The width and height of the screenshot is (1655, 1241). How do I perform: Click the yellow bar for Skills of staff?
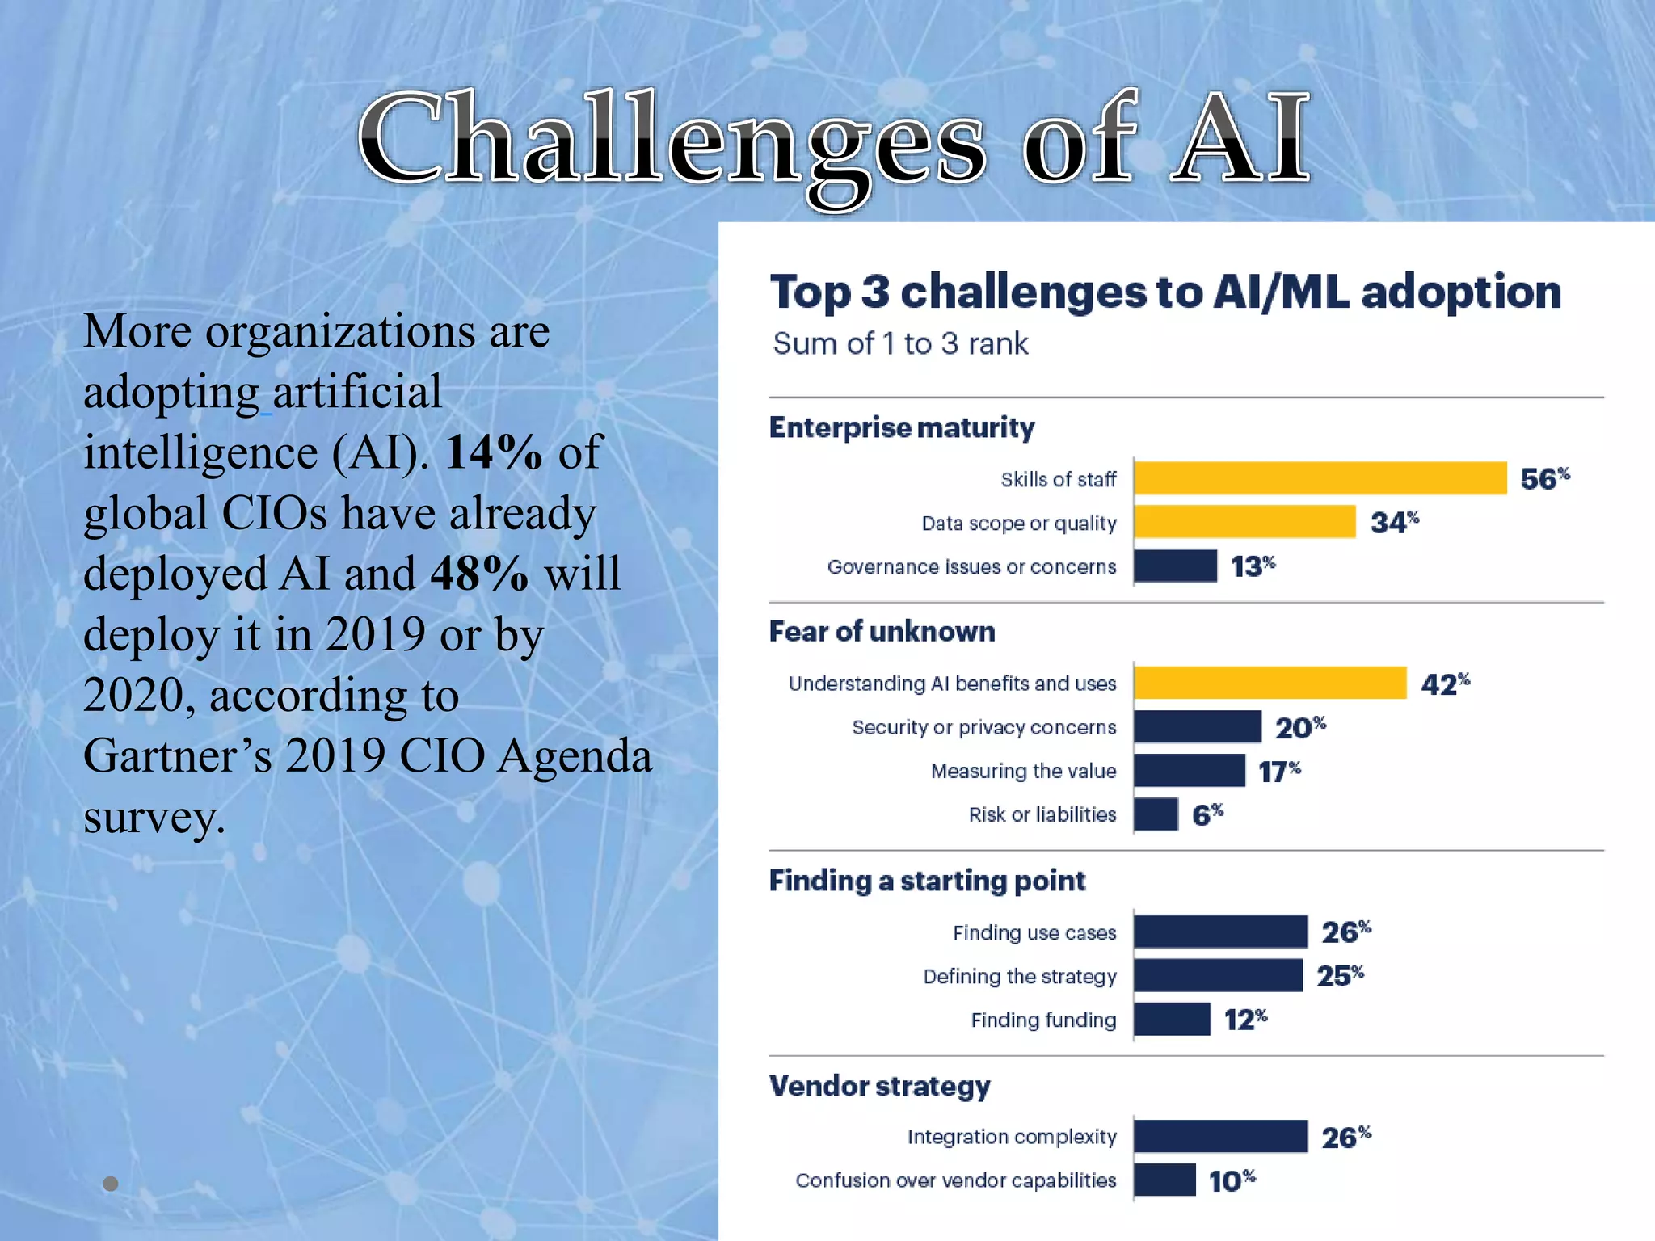[1320, 477]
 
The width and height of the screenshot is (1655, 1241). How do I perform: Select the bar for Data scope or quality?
[1244, 521]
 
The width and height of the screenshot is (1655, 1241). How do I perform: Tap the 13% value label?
[1252, 566]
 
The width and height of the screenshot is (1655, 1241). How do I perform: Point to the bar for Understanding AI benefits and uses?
[1270, 683]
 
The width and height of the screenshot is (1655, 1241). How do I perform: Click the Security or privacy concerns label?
[983, 727]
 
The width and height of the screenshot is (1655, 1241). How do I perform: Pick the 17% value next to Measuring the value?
[1278, 771]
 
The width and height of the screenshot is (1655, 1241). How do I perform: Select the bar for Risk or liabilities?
[1156, 814]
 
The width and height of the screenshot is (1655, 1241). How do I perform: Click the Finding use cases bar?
[1220, 932]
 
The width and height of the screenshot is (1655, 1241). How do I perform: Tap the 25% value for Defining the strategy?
[1339, 975]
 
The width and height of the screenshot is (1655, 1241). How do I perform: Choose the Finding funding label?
[1042, 1020]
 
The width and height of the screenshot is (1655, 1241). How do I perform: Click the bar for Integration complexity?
[1220, 1136]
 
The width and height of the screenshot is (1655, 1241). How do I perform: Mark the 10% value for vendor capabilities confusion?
[1231, 1180]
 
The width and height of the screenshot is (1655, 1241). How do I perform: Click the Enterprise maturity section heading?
[901, 427]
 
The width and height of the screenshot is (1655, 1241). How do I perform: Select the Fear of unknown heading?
[882, 632]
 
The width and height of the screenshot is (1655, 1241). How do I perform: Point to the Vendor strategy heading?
[879, 1086]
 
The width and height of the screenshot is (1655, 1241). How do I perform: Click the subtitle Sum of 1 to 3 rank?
[900, 344]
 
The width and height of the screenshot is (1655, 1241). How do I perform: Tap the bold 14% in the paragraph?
[493, 452]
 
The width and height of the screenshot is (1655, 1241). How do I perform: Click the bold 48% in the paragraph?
[479, 574]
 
